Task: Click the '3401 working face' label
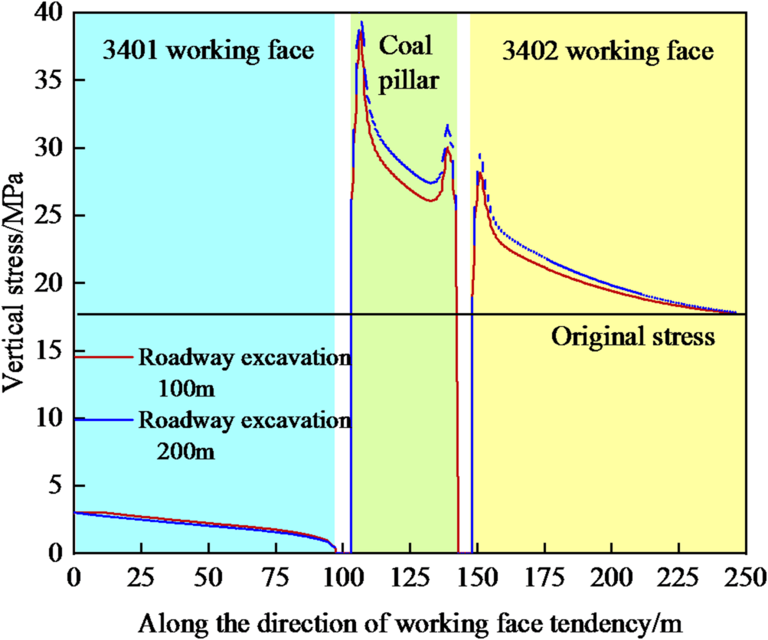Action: click(208, 51)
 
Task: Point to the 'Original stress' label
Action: click(633, 337)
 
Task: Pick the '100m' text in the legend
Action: click(186, 389)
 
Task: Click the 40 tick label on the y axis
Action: click(51, 13)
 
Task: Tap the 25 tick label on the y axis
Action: click(51, 216)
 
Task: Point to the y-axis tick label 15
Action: click(51, 351)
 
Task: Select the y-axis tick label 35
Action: click(51, 81)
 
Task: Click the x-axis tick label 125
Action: click(410, 575)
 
